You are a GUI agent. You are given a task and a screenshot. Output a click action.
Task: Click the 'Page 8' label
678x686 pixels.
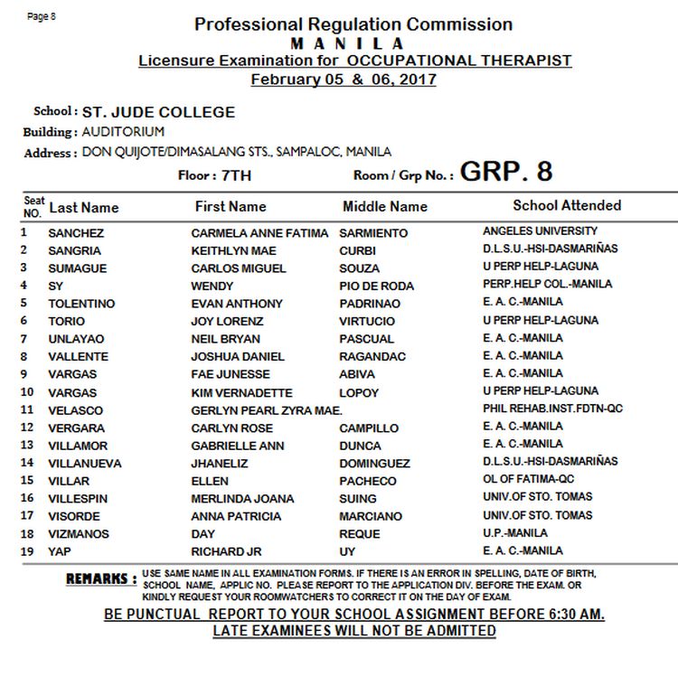coord(42,16)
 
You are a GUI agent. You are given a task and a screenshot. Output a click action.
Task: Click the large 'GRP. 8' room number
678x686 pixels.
coord(505,172)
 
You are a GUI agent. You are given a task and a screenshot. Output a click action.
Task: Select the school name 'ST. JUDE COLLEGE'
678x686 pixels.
coord(159,113)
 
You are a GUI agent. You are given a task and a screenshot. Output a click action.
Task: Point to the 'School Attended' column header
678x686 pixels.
coord(567,205)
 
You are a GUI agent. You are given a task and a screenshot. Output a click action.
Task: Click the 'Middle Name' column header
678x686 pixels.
coord(385,207)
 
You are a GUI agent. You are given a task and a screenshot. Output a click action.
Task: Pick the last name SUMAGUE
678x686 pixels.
coord(77,268)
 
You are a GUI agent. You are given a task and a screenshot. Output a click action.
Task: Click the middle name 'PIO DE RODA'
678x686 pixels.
coord(377,286)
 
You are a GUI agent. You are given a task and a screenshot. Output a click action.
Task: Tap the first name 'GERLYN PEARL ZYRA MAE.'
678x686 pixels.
coord(267,409)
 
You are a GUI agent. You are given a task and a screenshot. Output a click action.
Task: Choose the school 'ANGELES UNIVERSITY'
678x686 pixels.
coord(541,231)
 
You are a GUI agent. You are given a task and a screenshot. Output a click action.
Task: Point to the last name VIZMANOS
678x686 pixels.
coord(79,533)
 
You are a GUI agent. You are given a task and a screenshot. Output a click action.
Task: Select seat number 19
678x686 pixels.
coord(27,550)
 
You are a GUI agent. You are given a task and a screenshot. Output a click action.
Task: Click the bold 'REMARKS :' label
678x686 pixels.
coord(101,578)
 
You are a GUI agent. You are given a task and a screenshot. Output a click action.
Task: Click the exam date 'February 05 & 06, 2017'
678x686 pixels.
coord(344,80)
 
